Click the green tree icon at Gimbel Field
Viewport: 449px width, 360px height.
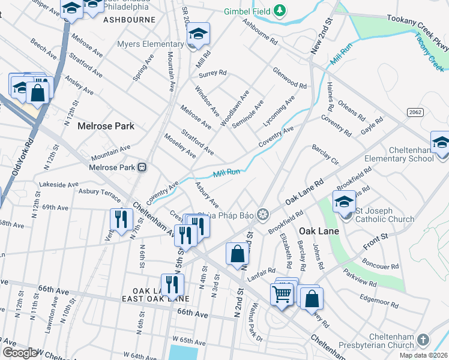tap(279, 11)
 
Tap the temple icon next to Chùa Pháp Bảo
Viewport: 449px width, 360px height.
tap(262, 214)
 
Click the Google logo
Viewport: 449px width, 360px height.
tap(19, 353)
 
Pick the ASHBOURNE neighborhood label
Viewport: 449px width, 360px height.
tap(129, 20)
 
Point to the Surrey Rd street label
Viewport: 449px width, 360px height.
tap(212, 73)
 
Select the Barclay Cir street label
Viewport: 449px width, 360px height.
tap(325, 154)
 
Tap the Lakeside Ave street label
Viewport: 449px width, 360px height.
tap(58, 184)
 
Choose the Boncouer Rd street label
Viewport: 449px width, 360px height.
tap(381, 265)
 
